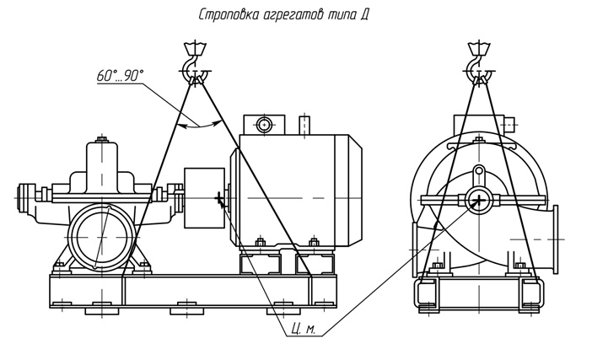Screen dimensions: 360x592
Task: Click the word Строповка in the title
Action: pyautogui.click(x=230, y=14)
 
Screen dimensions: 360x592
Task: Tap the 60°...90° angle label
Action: pyautogui.click(x=120, y=76)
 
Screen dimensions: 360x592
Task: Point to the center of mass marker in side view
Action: pyautogui.click(x=220, y=200)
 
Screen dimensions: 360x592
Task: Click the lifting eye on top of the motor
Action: pyautogui.click(x=265, y=125)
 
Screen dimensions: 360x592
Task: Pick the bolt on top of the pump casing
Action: pyautogui.click(x=102, y=138)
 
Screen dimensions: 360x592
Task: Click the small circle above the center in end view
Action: pyautogui.click(x=480, y=172)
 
